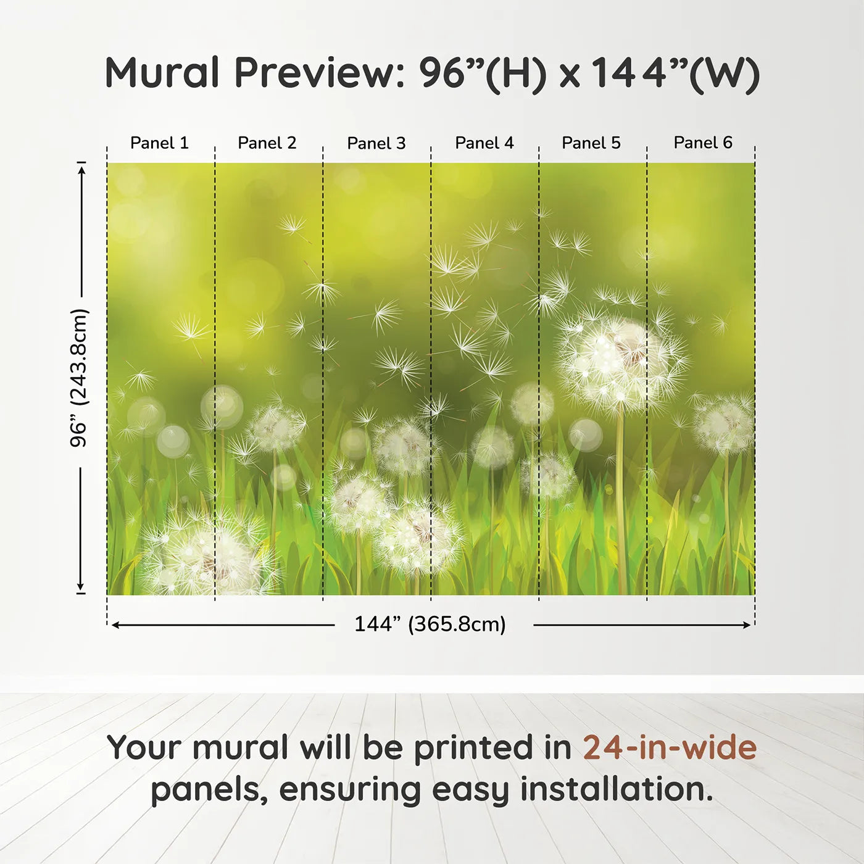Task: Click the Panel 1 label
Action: coord(159,143)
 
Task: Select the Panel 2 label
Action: coord(267,143)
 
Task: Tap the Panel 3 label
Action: coord(376,143)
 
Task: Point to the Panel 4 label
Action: coord(484,143)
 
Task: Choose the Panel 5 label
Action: coord(591,143)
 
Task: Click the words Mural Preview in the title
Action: coord(255,72)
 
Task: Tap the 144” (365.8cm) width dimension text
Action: coord(430,624)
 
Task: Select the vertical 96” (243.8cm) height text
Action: coord(79,378)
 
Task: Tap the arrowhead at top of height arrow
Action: coord(81,171)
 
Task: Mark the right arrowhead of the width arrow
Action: coord(747,625)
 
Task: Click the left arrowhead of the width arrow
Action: coord(115,625)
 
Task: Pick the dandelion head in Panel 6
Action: coord(724,424)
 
